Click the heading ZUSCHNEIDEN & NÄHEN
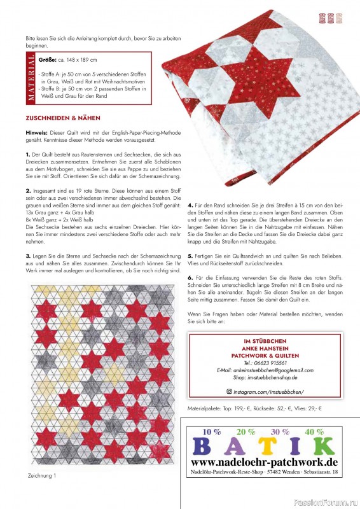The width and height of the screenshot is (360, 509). click(62, 118)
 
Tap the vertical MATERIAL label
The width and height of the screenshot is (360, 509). click(31, 78)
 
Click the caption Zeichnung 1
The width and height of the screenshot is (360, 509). click(42, 475)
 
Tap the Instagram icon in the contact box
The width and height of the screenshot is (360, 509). click(230, 392)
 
